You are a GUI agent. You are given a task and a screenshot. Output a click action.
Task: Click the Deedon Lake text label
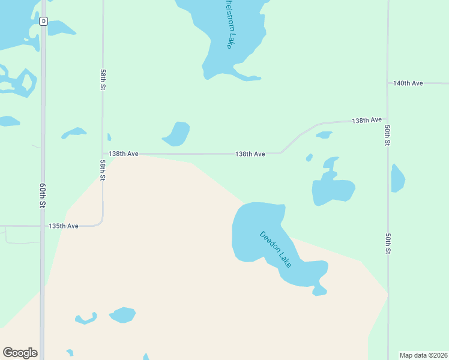coord(276,249)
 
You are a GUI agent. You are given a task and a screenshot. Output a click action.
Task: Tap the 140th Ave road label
coord(408,83)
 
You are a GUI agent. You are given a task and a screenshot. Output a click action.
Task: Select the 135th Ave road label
coord(64,226)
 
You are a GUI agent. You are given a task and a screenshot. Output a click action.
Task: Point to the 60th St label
coord(43,196)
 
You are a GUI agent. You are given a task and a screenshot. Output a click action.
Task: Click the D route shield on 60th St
coord(43,22)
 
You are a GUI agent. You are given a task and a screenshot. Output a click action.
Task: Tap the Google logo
coord(20,353)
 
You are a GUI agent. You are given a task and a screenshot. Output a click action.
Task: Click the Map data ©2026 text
coord(423,355)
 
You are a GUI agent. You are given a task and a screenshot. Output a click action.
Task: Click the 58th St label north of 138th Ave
coord(103,79)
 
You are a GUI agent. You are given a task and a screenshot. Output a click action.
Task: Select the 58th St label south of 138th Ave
coord(103,170)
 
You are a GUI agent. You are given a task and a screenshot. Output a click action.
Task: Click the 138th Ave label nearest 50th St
coord(367,120)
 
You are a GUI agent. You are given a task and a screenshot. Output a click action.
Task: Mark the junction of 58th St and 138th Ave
coord(103,154)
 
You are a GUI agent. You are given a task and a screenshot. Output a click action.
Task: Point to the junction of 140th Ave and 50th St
coord(388,83)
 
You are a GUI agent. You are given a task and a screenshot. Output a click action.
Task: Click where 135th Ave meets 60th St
coord(43,226)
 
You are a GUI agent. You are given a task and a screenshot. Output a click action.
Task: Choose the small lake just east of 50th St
coord(397,178)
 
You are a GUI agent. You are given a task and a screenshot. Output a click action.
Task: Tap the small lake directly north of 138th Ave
coord(176,134)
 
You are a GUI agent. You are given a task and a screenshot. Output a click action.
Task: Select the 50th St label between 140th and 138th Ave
coord(388,136)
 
